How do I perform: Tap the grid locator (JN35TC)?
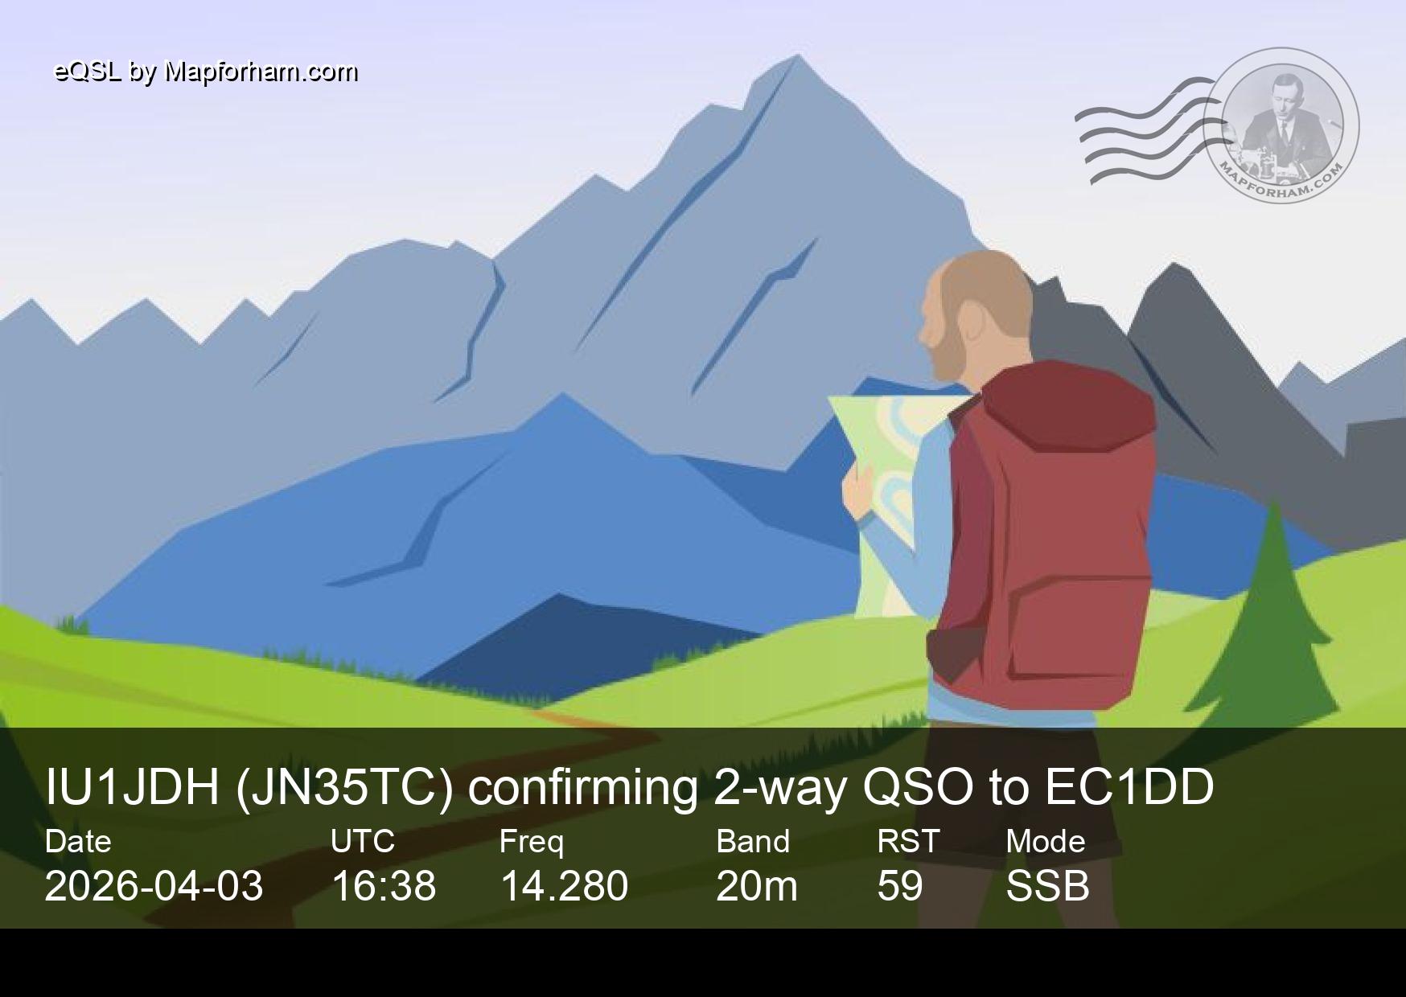pos(344,788)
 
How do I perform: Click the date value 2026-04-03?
pos(154,885)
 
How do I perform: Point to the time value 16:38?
pos(384,885)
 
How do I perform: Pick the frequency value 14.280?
pos(564,885)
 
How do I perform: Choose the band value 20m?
pos(757,885)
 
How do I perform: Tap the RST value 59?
pos(899,885)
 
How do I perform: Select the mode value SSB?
pos(1047,885)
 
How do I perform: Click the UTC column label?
pos(363,841)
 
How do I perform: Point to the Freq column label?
pos(531,842)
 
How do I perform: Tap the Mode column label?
pos(1046,841)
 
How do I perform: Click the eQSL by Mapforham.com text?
pos(206,72)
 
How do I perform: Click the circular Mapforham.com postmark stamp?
pos(1282,125)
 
